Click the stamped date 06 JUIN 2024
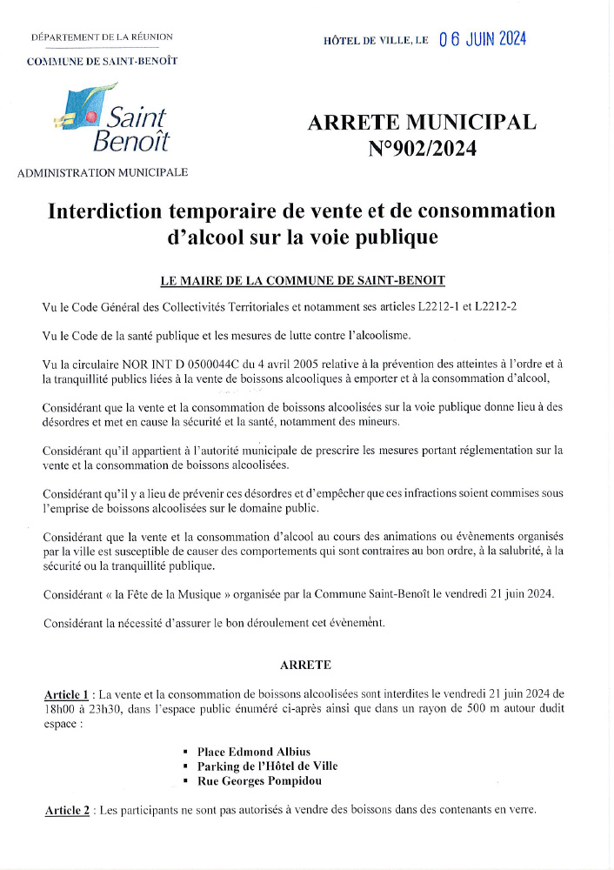pyautogui.click(x=483, y=39)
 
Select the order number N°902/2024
pyautogui.click(x=423, y=149)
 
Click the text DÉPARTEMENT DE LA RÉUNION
pyautogui.click(x=102, y=37)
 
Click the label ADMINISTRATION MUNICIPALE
pyautogui.click(x=103, y=172)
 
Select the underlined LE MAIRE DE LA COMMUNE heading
pyautogui.click(x=303, y=280)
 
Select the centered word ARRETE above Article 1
pyautogui.click(x=305, y=665)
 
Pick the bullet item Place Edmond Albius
pyautogui.click(x=253, y=751)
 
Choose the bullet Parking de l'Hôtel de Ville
pyautogui.click(x=267, y=766)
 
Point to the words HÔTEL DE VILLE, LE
pyautogui.click(x=376, y=41)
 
